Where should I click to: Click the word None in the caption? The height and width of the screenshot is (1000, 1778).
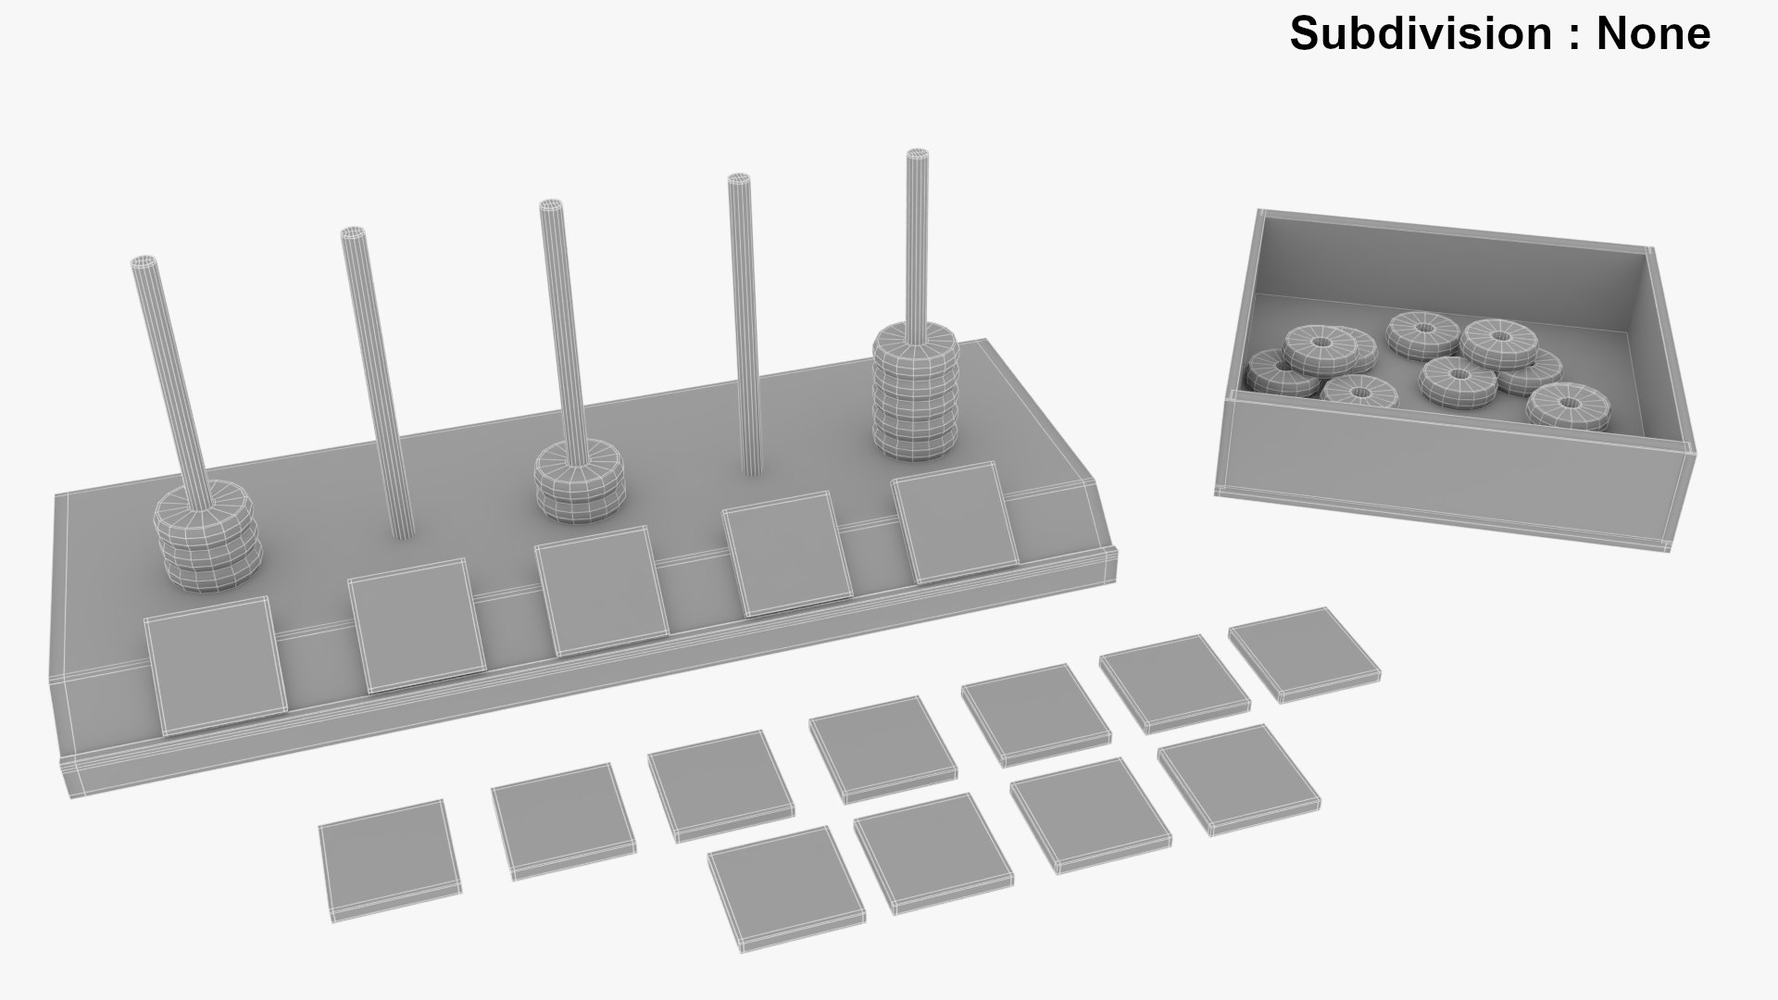1653,33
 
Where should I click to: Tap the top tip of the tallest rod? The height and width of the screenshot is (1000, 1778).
917,155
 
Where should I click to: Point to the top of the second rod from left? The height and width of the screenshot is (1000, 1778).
353,233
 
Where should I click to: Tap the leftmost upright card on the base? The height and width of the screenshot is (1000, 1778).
215,665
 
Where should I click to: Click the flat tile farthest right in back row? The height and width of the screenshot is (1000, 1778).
1304,654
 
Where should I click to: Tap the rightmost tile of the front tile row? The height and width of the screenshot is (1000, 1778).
1238,779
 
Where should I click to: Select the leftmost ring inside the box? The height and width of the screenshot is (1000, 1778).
1272,372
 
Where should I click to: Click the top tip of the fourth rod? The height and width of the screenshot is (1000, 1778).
738,180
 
